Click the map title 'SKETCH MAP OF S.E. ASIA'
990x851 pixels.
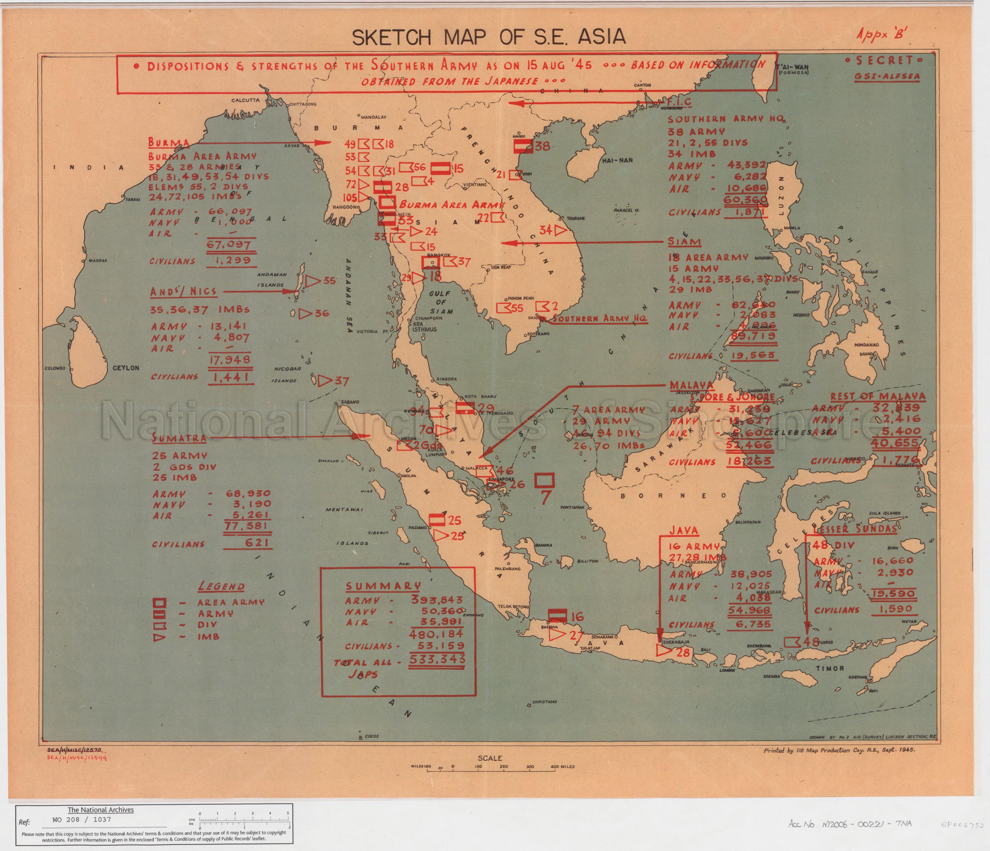coord(488,37)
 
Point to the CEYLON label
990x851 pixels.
coord(126,368)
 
